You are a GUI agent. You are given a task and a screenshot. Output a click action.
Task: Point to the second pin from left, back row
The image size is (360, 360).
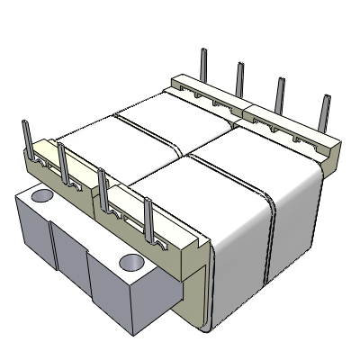tap(239, 78)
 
